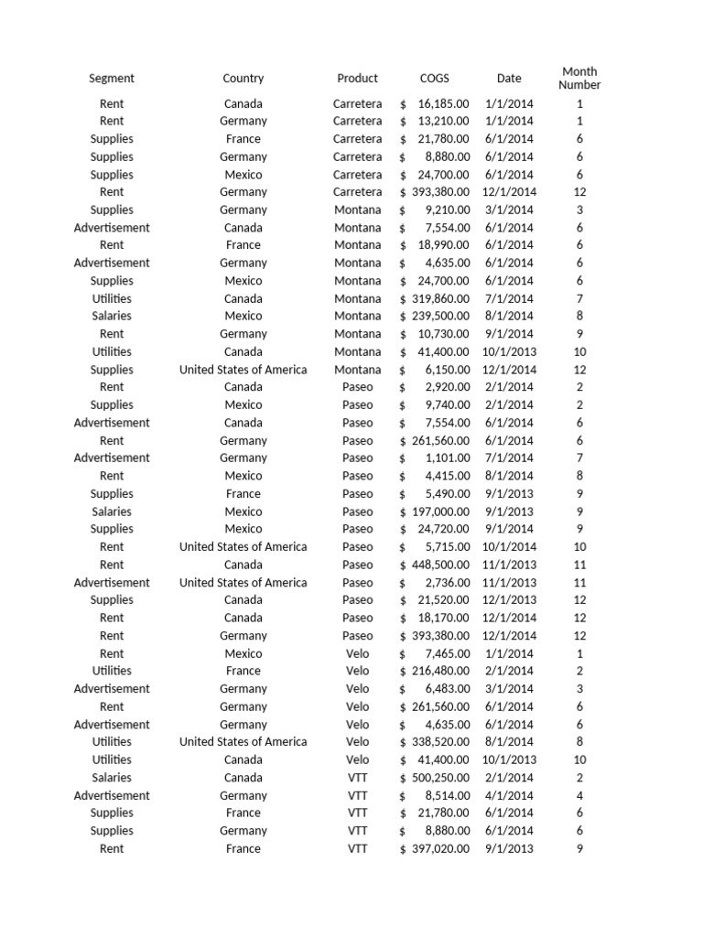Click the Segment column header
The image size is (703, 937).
pyautogui.click(x=112, y=79)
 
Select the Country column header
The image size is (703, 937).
pyautogui.click(x=243, y=79)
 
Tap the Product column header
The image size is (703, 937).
pyautogui.click(x=357, y=79)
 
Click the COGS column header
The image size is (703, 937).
pyautogui.click(x=435, y=79)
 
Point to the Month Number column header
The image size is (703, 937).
pyautogui.click(x=579, y=78)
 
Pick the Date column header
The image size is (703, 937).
pyautogui.click(x=509, y=79)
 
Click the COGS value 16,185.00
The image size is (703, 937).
pyautogui.click(x=443, y=103)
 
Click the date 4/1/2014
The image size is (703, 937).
pyautogui.click(x=509, y=795)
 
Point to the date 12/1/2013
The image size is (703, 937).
pyautogui.click(x=509, y=600)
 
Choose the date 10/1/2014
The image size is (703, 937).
pyautogui.click(x=509, y=547)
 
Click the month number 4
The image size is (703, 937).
pyautogui.click(x=579, y=795)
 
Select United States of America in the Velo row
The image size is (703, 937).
pyautogui.click(x=243, y=742)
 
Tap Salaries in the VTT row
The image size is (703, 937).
pyautogui.click(x=112, y=778)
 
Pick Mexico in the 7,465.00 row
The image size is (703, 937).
pyautogui.click(x=243, y=653)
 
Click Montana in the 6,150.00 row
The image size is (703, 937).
pyautogui.click(x=357, y=370)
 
